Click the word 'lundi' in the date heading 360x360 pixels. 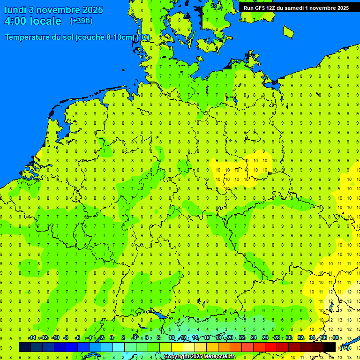15,10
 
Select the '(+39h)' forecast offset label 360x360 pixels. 81,21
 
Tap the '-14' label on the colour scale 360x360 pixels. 32,338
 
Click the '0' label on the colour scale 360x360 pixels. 112,338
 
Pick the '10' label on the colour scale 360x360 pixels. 171,338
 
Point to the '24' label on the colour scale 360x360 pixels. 254,338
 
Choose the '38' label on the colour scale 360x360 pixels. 336,338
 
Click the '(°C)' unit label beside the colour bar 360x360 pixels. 344,347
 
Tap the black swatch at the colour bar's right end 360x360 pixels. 330,347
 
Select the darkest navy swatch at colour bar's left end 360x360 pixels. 25,347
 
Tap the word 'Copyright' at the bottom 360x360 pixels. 176,357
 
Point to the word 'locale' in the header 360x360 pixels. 46,21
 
